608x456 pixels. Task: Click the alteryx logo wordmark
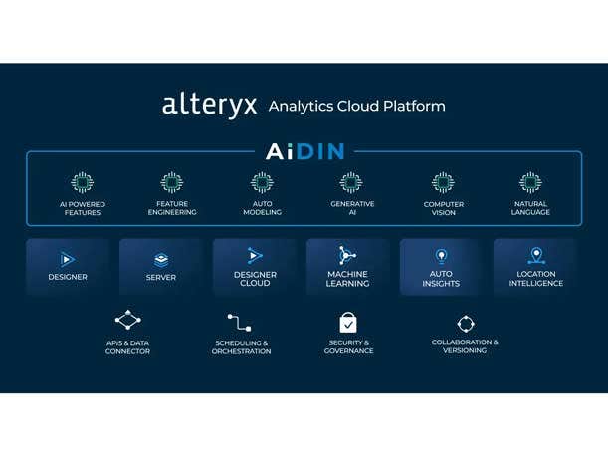point(209,105)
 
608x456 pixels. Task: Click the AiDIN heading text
point(304,151)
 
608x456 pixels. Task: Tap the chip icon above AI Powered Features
point(82,183)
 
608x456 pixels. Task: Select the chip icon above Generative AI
point(351,183)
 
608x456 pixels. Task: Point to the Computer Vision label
point(443,208)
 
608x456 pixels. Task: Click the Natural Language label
point(530,208)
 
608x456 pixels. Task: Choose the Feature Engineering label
point(172,208)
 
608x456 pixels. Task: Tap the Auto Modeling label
point(262,208)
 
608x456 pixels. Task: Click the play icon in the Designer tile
point(68,259)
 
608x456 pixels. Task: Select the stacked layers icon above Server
point(161,260)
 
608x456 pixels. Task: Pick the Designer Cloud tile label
point(255,279)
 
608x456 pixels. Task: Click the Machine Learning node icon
point(347,255)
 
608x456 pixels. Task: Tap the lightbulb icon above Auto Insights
point(441,256)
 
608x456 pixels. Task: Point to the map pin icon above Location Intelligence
point(536,256)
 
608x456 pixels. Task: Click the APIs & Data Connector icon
point(127,321)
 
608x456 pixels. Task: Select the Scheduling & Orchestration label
point(241,347)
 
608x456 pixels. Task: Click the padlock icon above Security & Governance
point(348,322)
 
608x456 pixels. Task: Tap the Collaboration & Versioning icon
point(465,323)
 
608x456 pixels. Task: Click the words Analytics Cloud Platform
point(357,106)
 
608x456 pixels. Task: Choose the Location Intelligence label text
point(536,279)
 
